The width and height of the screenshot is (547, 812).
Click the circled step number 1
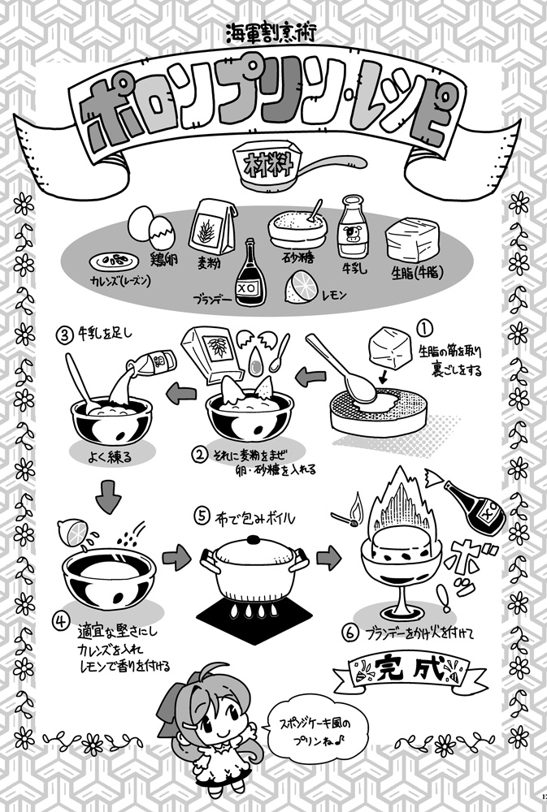(x=423, y=328)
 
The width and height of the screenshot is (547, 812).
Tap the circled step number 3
(x=63, y=335)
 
